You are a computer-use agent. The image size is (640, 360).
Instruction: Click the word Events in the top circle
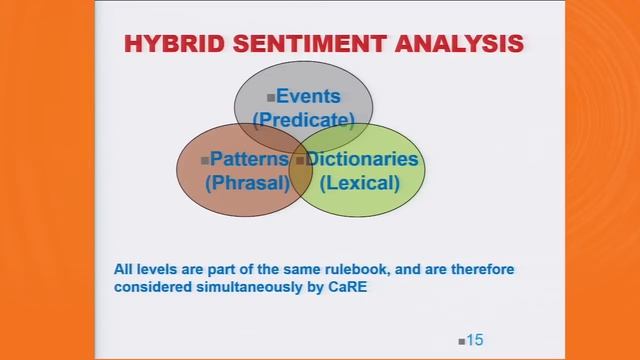click(308, 97)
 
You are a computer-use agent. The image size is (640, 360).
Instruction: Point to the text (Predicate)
click(304, 120)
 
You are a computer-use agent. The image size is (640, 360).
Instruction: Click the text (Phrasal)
click(246, 183)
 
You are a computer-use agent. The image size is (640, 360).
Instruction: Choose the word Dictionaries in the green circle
click(362, 160)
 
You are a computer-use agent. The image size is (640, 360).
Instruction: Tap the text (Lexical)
click(359, 183)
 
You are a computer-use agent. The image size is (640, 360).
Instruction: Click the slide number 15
click(474, 340)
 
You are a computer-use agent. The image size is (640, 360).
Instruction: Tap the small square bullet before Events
click(270, 98)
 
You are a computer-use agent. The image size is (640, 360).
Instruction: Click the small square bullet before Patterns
click(205, 160)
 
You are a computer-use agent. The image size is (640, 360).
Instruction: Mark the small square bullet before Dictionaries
click(299, 160)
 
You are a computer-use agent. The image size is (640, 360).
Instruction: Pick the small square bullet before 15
click(461, 342)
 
